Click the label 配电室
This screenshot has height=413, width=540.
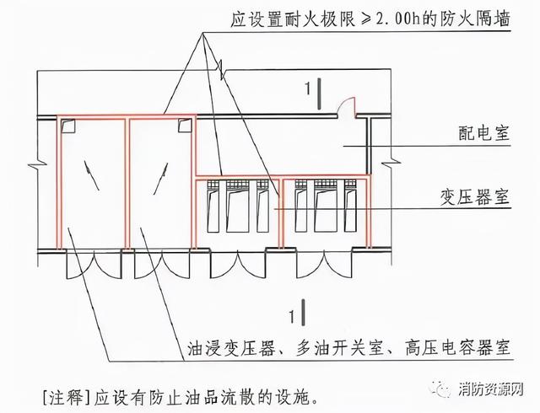[x=483, y=133]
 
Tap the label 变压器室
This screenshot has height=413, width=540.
[x=475, y=197]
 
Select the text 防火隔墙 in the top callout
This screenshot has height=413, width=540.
[x=475, y=19]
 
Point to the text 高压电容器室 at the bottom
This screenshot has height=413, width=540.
[x=457, y=348]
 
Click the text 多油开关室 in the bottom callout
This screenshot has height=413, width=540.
[x=340, y=348]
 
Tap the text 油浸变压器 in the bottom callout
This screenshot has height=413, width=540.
[x=231, y=348]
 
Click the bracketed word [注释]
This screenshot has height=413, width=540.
[x=64, y=398]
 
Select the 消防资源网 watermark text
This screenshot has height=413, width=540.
[x=491, y=389]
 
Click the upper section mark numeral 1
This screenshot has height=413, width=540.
[x=307, y=89]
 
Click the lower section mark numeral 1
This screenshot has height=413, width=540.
[x=292, y=316]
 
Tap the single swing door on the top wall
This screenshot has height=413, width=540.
[x=346, y=108]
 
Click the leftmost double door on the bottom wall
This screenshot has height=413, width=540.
[x=94, y=265]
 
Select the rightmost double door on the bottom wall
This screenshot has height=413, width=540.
[x=324, y=265]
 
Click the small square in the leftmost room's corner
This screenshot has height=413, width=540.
[x=67, y=126]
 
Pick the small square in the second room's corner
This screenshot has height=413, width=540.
[x=184, y=126]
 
